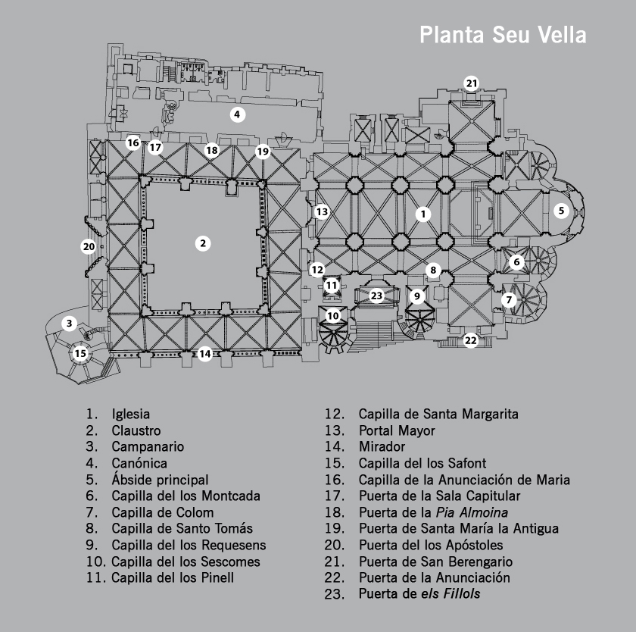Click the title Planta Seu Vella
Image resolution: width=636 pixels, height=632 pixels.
point(503,35)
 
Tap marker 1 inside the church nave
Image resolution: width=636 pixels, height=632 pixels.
point(423,214)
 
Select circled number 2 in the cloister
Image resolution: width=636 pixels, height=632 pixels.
point(203,243)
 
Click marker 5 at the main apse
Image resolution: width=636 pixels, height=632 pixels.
point(561,210)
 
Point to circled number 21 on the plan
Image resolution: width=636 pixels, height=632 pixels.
point(471,83)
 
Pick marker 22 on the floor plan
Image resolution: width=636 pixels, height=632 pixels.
point(470,340)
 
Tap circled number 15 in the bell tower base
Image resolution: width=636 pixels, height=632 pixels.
point(80,354)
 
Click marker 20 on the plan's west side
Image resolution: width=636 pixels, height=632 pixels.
point(89,246)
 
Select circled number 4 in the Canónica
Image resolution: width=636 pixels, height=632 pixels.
point(237,114)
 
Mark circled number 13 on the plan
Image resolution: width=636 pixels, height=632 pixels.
point(322,211)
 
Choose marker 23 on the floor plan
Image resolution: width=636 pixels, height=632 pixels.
point(376,296)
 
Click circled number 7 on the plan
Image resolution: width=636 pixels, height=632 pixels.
point(509,300)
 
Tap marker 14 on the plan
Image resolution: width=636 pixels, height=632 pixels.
point(205,354)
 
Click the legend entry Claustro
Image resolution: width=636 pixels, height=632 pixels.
point(136,430)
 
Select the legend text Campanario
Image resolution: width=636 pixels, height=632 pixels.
point(148,447)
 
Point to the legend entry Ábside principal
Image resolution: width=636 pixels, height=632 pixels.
point(160,480)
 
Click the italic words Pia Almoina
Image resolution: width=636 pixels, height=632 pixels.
point(472,512)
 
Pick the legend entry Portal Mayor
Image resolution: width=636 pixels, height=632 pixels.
point(397,430)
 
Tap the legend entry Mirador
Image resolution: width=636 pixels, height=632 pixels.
point(382,447)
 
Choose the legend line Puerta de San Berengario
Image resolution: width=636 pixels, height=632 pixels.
point(435,562)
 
